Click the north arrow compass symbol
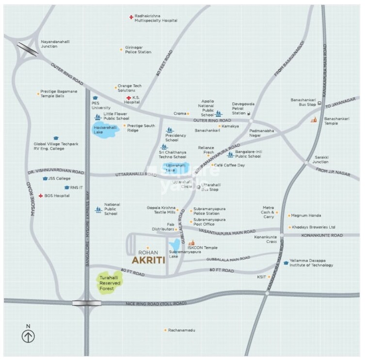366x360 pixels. [28, 335]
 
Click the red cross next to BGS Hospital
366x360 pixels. [40, 196]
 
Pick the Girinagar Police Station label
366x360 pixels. [138, 49]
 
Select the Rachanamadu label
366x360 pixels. [181, 330]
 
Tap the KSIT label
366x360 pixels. [262, 277]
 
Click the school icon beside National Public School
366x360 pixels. [98, 210]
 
